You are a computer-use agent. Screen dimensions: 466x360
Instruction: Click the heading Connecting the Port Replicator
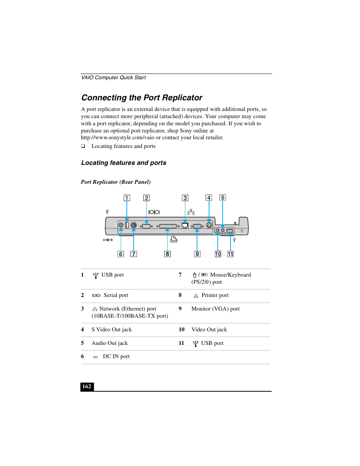point(142,98)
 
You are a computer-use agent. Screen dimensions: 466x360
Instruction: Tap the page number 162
point(87,386)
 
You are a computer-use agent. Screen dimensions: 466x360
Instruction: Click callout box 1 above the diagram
point(127,198)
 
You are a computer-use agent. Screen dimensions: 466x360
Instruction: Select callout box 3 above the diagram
point(185,198)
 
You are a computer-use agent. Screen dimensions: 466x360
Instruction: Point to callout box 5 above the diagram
point(223,197)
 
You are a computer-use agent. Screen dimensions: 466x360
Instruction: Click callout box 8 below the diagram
point(167,254)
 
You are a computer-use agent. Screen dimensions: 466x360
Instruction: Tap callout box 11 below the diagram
point(230,254)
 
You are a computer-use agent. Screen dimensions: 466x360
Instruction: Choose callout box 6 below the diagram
point(121,254)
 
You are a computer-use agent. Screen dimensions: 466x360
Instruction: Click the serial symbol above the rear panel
point(154,212)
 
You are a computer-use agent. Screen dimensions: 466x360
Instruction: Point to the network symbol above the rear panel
point(191,212)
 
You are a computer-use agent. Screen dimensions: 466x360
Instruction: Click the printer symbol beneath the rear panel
point(174,239)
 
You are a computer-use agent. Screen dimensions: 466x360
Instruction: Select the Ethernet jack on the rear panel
point(185,226)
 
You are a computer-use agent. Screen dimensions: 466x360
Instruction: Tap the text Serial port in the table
point(116,295)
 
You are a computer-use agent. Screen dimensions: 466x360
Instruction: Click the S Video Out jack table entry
point(112,329)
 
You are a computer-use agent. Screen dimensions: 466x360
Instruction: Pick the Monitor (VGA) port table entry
point(215,309)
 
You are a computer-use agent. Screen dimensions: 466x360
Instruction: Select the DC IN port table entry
point(116,356)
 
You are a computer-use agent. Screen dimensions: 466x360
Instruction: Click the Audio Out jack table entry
point(110,343)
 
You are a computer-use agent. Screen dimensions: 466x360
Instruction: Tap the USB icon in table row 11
point(195,343)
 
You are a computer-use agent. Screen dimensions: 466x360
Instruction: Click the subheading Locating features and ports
point(124,163)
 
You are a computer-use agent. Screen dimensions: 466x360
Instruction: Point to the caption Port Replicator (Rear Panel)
point(116,182)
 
